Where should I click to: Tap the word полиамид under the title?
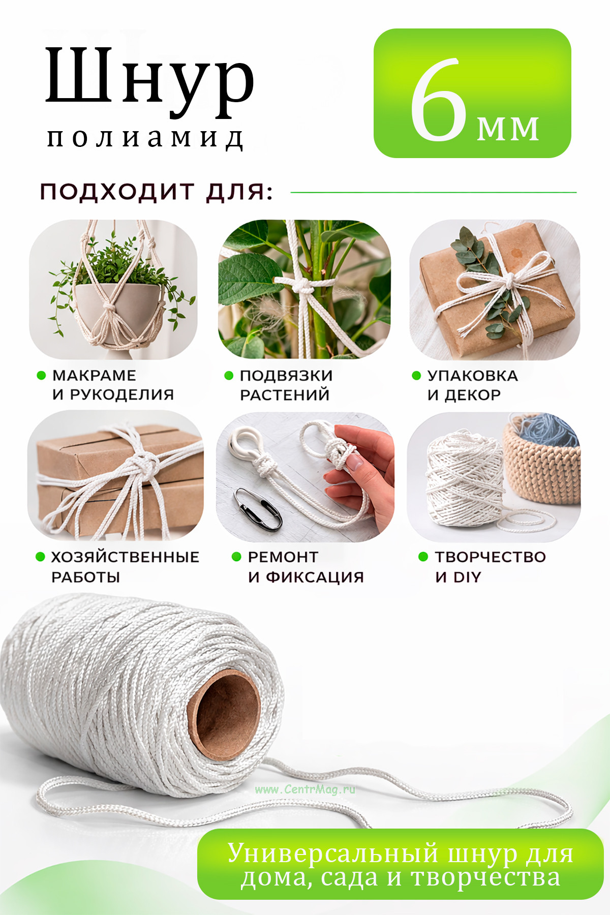(x=145, y=138)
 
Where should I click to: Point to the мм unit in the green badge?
(x=507, y=129)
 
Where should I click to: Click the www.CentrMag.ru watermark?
(x=305, y=789)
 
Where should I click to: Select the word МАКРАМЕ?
(x=94, y=375)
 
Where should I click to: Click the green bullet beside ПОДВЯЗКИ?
(x=229, y=376)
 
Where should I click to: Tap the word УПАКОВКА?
(x=472, y=375)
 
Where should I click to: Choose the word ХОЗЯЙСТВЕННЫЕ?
(x=125, y=557)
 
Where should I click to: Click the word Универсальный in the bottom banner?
(x=332, y=853)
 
